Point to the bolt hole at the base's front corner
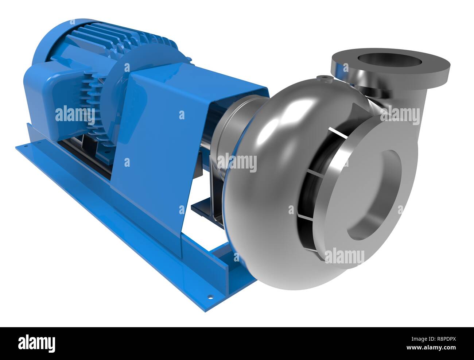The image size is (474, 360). coord(210,297)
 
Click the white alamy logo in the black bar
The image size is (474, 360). coord(36,343)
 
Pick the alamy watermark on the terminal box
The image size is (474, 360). coord(75,114)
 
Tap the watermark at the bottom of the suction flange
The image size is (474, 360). coord(344,256)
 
